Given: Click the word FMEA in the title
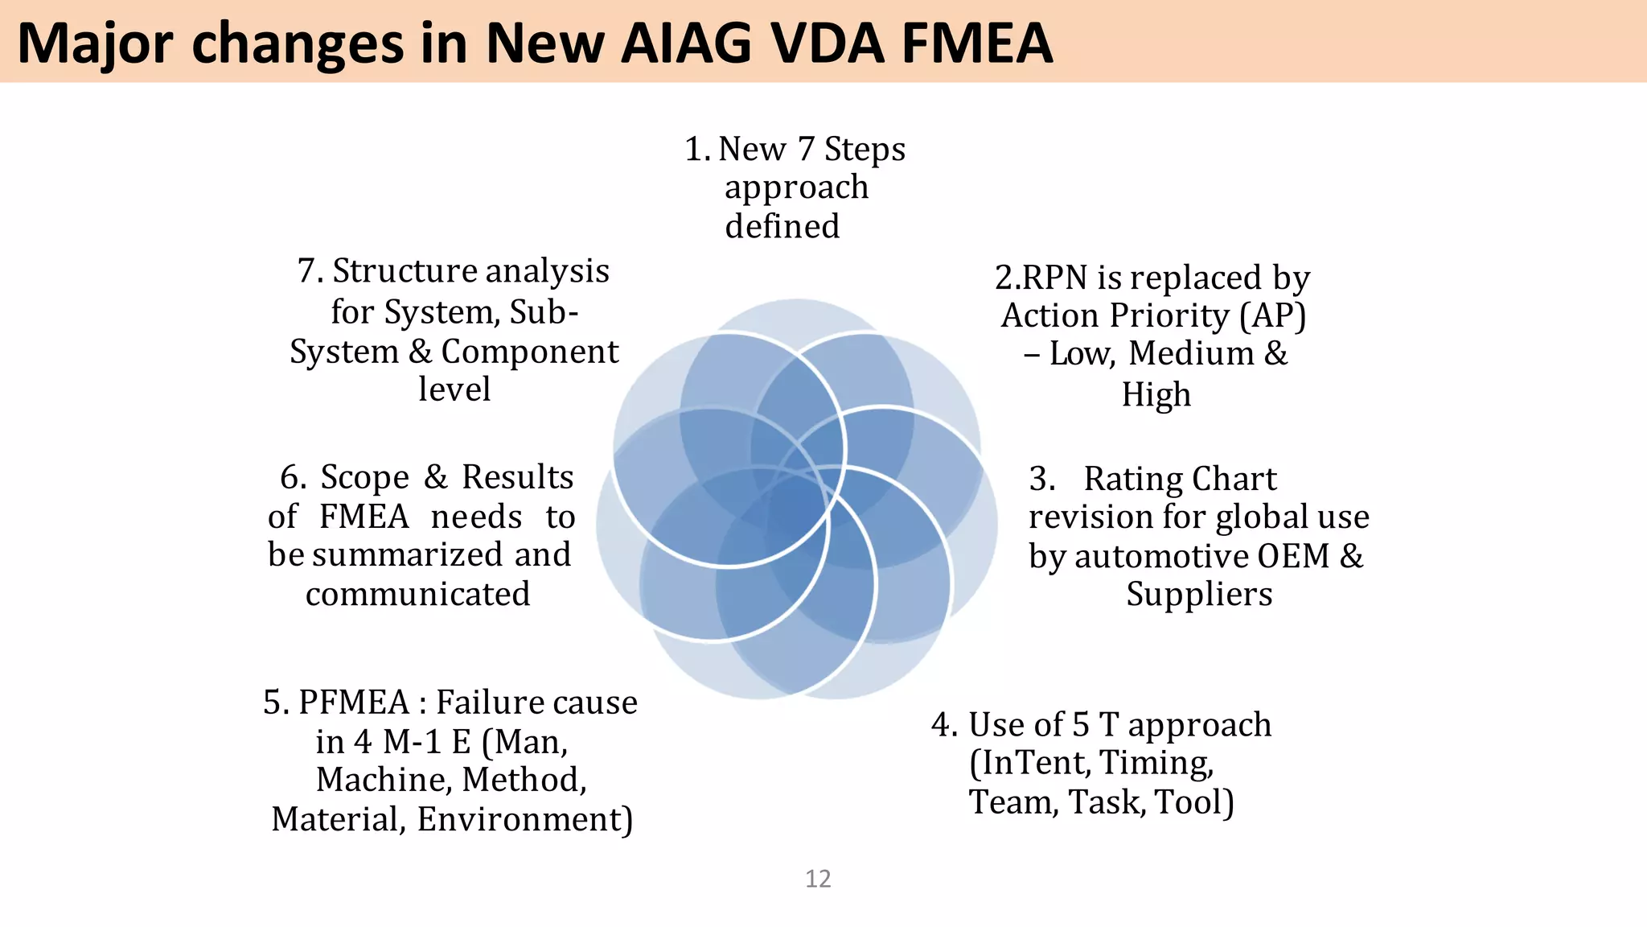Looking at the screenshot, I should [976, 43].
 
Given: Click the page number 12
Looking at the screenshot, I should [818, 879].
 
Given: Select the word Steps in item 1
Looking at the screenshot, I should [865, 150].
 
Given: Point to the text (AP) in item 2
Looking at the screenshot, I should [1272, 315].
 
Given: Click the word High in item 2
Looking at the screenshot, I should [1156, 395].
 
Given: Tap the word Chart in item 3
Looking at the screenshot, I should [1234, 480].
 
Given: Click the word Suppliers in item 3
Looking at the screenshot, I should [1198, 595].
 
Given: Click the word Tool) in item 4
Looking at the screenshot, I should [1193, 802].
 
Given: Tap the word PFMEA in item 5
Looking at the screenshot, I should [354, 703].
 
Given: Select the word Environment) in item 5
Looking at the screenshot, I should [525, 820].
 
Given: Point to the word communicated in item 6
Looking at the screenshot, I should [417, 595].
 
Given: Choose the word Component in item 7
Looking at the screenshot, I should [529, 352].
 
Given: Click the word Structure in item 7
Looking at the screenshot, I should [404, 272].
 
